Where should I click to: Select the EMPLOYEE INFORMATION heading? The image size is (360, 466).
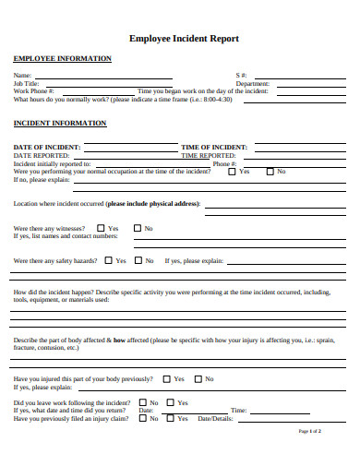pyautogui.click(x=62, y=58)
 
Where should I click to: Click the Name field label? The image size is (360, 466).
pyautogui.click(x=22, y=75)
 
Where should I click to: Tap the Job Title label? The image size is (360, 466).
pyautogui.click(x=27, y=83)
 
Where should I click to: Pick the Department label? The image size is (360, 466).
pyautogui.click(x=252, y=83)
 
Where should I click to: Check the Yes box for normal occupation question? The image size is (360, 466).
pyautogui.click(x=231, y=172)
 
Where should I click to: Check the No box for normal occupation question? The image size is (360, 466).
pyautogui.click(x=270, y=172)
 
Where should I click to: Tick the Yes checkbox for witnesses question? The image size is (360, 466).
pyautogui.click(x=101, y=228)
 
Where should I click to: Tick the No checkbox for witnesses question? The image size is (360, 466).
pyautogui.click(x=137, y=228)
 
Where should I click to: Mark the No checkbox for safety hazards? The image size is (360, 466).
pyautogui.click(x=138, y=260)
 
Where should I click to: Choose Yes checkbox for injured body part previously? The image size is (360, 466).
pyautogui.click(x=166, y=378)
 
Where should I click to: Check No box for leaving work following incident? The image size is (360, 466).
pyautogui.click(x=142, y=402)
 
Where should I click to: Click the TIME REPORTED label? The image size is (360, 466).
pyautogui.click(x=209, y=156)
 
